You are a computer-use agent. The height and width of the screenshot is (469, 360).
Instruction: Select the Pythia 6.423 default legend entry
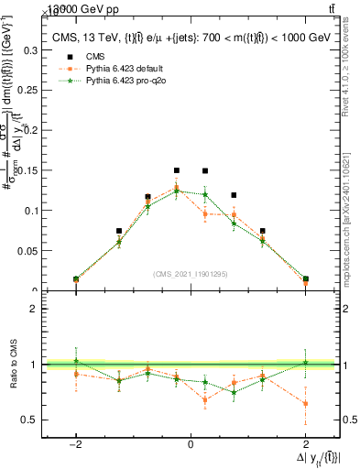pos(110,68)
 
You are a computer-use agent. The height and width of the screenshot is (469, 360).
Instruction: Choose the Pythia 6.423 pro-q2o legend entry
pos(111,80)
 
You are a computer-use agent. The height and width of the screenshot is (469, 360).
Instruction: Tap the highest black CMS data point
pos(177,170)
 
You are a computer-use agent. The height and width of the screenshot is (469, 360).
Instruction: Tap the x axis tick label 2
pos(305,442)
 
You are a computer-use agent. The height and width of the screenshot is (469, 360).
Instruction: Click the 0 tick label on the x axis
pos(191,442)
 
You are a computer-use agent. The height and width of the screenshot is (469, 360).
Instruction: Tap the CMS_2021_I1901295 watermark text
pos(191,274)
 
